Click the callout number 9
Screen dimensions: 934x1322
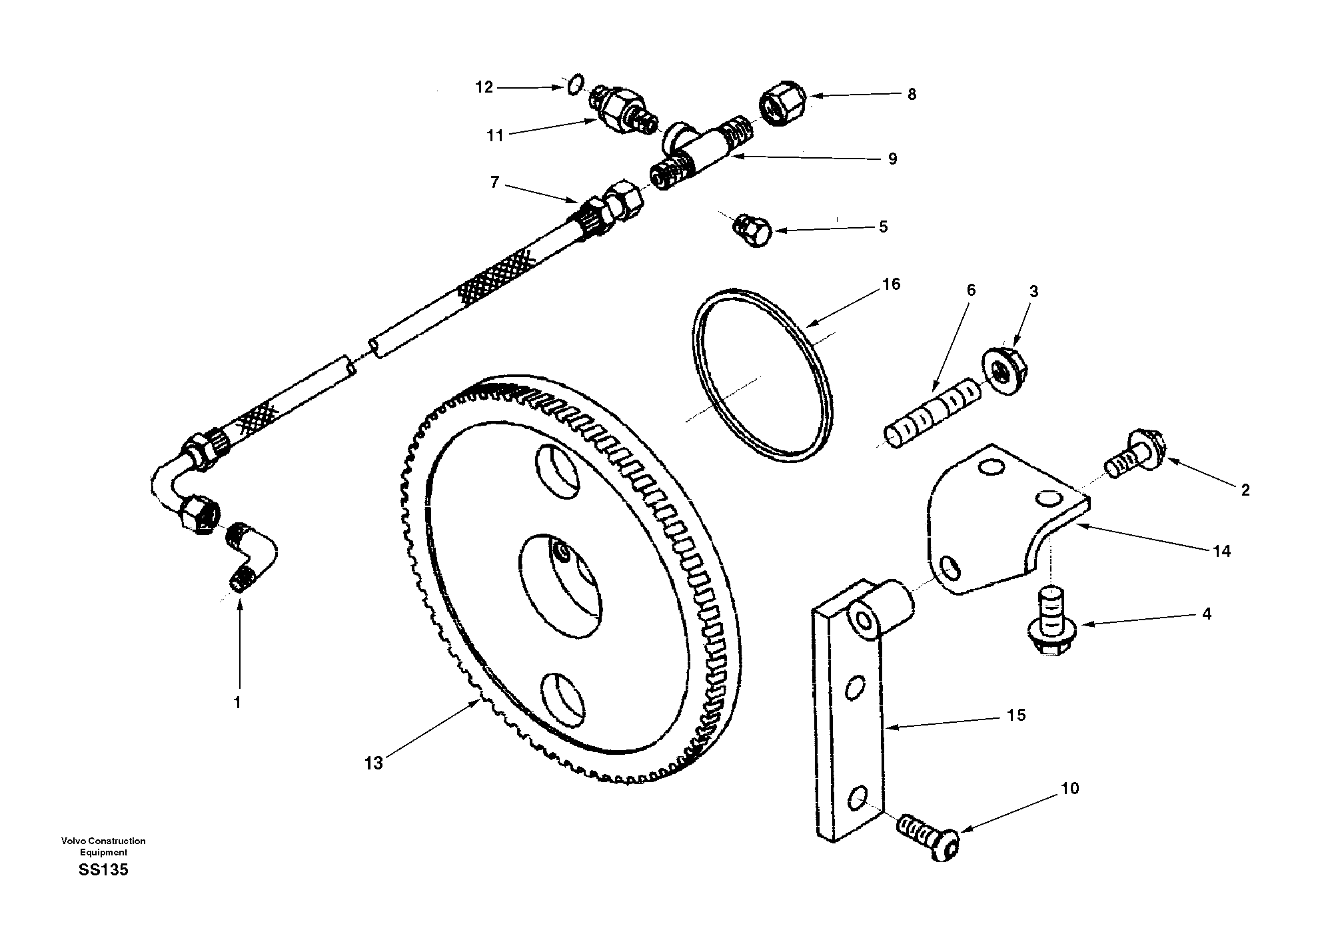coord(892,159)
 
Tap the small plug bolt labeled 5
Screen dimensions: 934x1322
coord(753,230)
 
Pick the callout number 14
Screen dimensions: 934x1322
coord(1221,551)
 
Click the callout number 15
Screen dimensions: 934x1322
coord(1016,715)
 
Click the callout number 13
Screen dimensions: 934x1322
coord(373,763)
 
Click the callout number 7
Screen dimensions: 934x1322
coord(494,183)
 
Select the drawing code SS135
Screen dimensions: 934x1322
coord(103,870)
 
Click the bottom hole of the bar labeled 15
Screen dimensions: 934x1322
coord(858,796)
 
